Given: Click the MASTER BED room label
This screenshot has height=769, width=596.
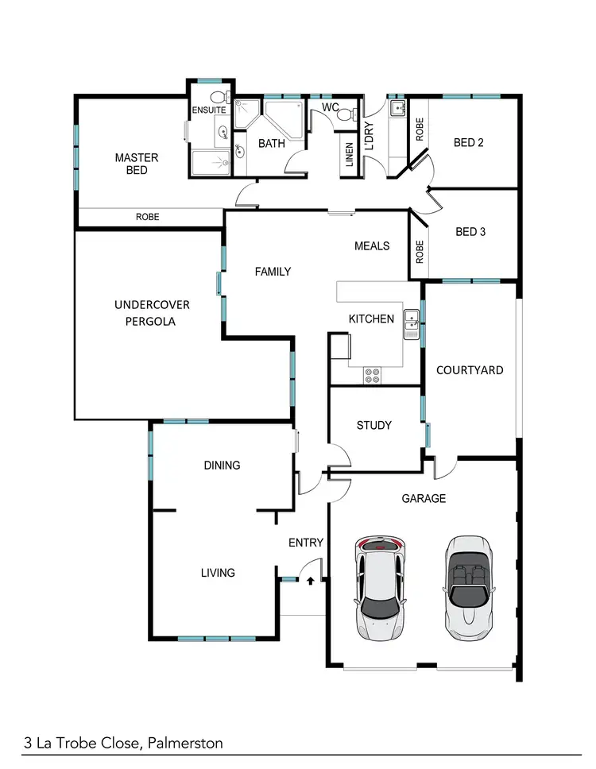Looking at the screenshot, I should coord(137,164).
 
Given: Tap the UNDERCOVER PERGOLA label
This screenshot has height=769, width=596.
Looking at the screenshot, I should coord(152,313).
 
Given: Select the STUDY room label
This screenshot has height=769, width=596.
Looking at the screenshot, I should coord(373,425).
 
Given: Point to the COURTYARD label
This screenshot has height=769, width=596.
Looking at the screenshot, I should coord(470,369).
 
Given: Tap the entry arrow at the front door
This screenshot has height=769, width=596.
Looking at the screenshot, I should coord(311,581).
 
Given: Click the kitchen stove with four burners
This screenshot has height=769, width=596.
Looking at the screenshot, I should coord(371,375).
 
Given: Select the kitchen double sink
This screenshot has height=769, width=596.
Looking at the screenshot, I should coord(412,321).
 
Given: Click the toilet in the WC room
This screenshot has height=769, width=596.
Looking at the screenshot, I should coord(344,115).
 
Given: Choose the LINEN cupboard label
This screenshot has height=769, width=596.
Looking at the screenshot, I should coord(349,155).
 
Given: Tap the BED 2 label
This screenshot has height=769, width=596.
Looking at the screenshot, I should coord(469,143).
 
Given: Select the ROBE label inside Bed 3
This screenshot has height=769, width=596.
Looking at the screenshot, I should coord(420,253).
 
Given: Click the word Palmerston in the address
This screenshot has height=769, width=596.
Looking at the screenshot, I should coord(185,744).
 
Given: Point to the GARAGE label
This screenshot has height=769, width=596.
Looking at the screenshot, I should coord(424,498).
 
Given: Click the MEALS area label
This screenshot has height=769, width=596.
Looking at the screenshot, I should coord(372,245).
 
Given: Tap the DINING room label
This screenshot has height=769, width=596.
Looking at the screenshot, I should coord(222,465).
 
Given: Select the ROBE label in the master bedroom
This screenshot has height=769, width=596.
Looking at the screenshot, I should coord(147,216).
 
